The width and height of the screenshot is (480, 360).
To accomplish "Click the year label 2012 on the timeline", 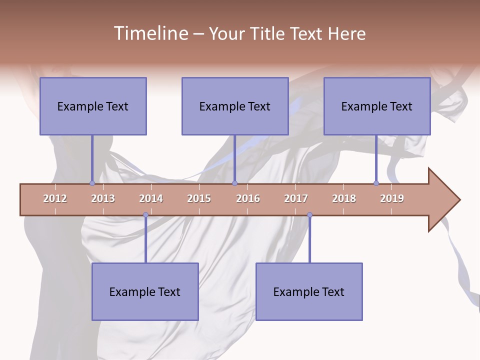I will pyautogui.click(x=55, y=198).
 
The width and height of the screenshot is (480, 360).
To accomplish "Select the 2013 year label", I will pyautogui.click(x=103, y=198).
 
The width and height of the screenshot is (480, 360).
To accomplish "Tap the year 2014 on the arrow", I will pyautogui.click(x=151, y=198).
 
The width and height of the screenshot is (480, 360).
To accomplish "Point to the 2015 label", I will pyautogui.click(x=199, y=198).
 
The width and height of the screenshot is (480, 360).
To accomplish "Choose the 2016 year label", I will pyautogui.click(x=248, y=198).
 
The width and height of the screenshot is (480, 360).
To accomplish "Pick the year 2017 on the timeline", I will pyautogui.click(x=296, y=198).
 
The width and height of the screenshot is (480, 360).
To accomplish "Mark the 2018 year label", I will pyautogui.click(x=344, y=198).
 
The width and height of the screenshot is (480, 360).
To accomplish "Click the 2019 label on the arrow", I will pyautogui.click(x=392, y=198).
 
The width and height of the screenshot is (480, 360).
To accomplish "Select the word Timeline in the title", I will pyautogui.click(x=150, y=33).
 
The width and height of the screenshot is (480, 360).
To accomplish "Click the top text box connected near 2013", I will pyautogui.click(x=93, y=106).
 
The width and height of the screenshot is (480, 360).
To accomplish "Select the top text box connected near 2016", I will pyautogui.click(x=235, y=106).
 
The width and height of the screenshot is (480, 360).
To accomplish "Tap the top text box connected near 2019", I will pyautogui.click(x=377, y=106).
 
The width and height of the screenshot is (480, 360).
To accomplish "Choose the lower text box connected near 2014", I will pyautogui.click(x=145, y=291).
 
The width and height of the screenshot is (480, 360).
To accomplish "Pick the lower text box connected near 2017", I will pyautogui.click(x=309, y=291).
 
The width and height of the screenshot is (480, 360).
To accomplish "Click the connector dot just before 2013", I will pyautogui.click(x=92, y=183).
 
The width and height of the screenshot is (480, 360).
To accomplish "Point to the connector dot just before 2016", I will pyautogui.click(x=234, y=183).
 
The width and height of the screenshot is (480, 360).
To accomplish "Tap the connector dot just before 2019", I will pyautogui.click(x=376, y=183).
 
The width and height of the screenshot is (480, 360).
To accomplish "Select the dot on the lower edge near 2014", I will pyautogui.click(x=145, y=215).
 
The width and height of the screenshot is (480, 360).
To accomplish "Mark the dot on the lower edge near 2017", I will pyautogui.click(x=309, y=215).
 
